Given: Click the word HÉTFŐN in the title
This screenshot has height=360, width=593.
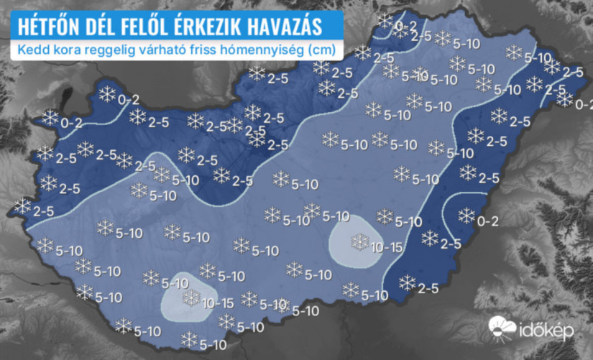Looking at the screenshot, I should pos(45,27).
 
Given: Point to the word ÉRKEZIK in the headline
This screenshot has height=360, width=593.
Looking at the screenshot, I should pos(207,27).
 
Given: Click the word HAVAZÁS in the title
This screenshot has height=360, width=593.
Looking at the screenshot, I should pos(282,27).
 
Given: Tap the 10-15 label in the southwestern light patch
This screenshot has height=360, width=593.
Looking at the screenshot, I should pos(218,302).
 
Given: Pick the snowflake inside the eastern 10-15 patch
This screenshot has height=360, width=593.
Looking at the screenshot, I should pos(359,241).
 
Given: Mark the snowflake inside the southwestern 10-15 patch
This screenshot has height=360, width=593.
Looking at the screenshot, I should pos(191,297).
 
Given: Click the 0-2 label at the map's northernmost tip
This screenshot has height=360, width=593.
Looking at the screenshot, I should pos(406,27).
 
